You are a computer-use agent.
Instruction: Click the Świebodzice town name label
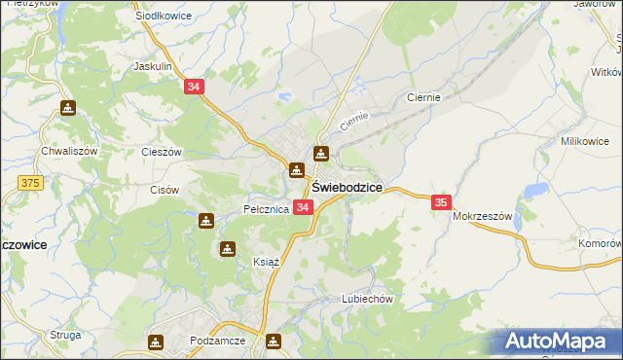[347, 187]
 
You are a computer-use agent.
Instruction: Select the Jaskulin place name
[152, 67]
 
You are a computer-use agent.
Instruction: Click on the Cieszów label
[162, 152]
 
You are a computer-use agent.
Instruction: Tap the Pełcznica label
[266, 209]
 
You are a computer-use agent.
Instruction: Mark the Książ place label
[239, 263]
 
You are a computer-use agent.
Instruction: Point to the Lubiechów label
[366, 300]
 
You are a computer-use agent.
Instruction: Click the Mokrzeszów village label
[482, 216]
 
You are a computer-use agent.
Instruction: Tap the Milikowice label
[584, 141]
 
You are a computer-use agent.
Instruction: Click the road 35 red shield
[441, 201]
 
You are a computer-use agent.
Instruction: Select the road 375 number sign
[30, 181]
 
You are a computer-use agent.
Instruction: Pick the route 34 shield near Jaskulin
[194, 87]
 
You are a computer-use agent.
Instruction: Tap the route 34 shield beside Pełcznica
[303, 207]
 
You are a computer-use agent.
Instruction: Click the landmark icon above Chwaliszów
[67, 108]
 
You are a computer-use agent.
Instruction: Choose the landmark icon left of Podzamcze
[156, 342]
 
